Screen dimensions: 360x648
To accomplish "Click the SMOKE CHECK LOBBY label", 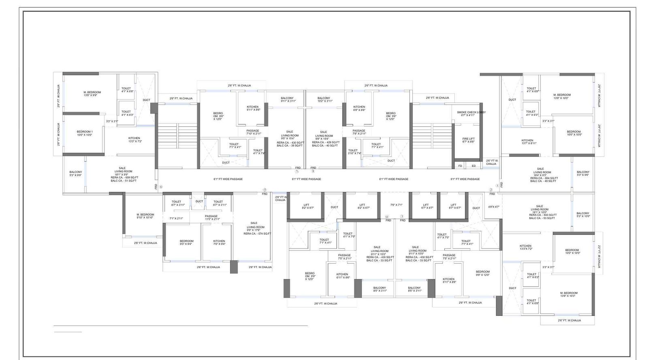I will (471, 114).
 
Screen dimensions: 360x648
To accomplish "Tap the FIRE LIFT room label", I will (468, 140).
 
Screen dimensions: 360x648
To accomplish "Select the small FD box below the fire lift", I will (460, 166).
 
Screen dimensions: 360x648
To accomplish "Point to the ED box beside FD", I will (473, 166).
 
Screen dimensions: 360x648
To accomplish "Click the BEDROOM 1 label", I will (85, 133).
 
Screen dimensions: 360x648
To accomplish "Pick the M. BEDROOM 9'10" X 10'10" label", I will (145, 216).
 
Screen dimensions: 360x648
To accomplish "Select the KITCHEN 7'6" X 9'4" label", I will (219, 243).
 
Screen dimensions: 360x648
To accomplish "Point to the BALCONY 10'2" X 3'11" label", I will (324, 100).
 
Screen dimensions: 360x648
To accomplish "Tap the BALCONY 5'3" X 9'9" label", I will (75, 174).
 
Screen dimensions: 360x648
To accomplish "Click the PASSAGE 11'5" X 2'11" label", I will (211, 217).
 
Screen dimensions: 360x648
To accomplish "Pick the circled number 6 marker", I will (161, 187).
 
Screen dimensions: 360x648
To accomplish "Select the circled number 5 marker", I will (265, 190).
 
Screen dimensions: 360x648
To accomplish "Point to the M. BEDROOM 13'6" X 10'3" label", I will (569, 294).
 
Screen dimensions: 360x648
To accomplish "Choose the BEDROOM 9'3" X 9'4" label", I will (187, 243).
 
